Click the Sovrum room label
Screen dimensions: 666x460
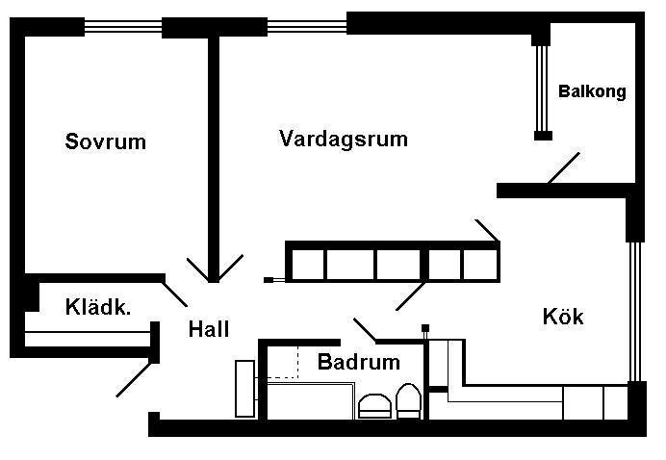coord(105,141)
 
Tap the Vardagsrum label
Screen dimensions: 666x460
coord(344,139)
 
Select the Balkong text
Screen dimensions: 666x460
coord(592,91)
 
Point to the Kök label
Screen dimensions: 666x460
coord(563,316)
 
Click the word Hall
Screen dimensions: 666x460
coord(209,329)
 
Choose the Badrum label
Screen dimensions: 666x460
coord(359,362)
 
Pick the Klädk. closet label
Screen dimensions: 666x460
coord(98,307)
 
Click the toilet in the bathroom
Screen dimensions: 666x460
coord(409,401)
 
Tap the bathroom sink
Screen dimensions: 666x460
coord(374,406)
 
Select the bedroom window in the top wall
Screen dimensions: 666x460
coord(123,27)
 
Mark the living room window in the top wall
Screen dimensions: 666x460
coord(307,26)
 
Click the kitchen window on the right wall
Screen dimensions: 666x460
coord(635,312)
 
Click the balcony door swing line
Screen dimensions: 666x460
coord(564,168)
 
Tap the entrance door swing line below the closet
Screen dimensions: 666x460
coord(134,379)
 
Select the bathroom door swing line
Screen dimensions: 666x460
coord(365,330)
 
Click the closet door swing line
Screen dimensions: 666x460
coord(174,294)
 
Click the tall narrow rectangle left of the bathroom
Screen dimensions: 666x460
coord(245,389)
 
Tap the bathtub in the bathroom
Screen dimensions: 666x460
coord(311,401)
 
